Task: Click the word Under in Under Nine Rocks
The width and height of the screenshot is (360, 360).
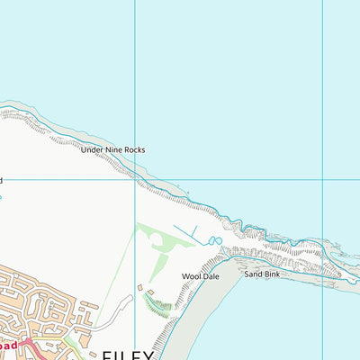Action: click(x=94, y=149)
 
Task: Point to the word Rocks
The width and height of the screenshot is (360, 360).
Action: click(x=134, y=149)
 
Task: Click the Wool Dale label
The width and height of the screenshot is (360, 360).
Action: click(x=201, y=276)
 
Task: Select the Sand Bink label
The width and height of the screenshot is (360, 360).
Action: click(x=262, y=272)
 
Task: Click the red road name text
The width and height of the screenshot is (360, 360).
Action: click(x=8, y=344)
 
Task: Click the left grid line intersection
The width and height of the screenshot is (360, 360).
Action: click(x=135, y=179)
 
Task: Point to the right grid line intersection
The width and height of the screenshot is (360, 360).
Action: click(x=321, y=179)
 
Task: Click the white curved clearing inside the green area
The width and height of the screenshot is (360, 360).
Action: click(x=158, y=240)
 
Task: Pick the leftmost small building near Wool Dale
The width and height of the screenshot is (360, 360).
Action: click(x=139, y=288)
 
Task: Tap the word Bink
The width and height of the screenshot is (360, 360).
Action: click(x=272, y=272)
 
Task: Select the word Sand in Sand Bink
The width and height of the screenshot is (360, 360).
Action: click(x=252, y=272)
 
